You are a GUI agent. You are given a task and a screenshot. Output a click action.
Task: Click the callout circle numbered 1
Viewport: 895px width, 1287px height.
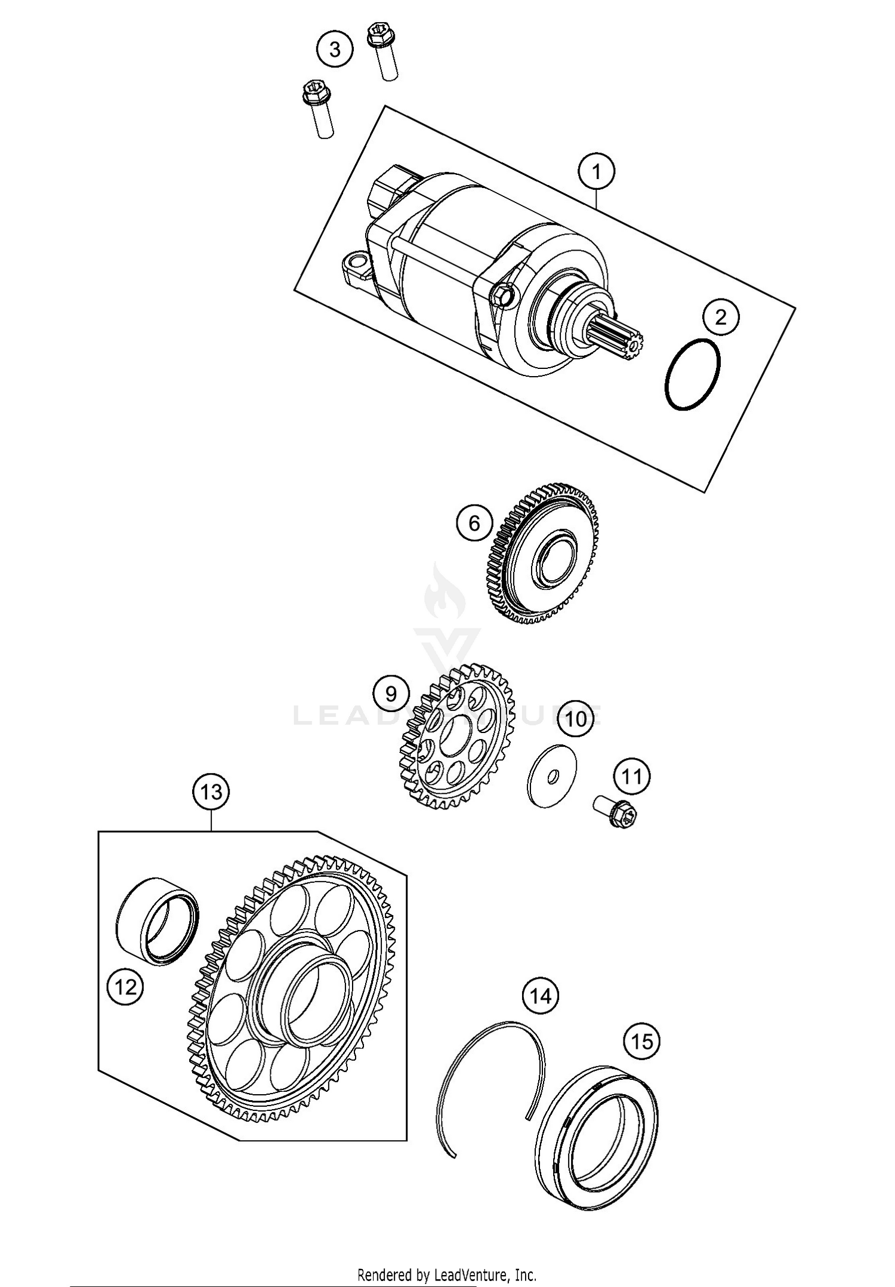[596, 172]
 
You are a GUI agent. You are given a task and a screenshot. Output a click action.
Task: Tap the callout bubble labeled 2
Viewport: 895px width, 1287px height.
[721, 316]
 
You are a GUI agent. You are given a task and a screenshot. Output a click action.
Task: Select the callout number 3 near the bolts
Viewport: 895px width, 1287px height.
[335, 50]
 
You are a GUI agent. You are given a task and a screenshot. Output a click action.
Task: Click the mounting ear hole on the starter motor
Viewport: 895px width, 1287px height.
[357, 261]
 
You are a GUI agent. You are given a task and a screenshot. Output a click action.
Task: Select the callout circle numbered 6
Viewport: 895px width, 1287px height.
[474, 524]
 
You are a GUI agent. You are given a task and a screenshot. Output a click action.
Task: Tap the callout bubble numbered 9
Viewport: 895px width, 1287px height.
[391, 694]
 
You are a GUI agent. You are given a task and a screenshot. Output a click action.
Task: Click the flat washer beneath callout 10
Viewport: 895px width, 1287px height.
[553, 775]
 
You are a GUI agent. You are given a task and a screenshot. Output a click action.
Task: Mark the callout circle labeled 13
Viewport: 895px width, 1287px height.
[211, 792]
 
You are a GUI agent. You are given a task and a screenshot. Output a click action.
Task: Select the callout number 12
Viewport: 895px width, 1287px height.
[125, 987]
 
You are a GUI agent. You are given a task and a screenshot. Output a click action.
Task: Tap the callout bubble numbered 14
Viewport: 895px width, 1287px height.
[541, 996]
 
